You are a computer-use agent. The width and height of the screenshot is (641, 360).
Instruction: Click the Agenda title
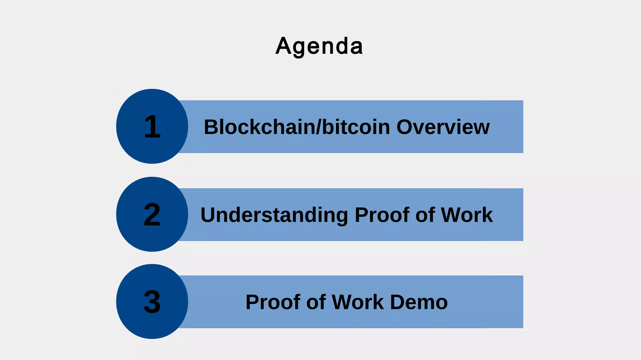pos(319,46)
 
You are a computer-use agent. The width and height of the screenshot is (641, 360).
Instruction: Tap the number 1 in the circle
pos(152,126)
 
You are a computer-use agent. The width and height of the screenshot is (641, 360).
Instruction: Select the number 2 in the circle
pos(152,214)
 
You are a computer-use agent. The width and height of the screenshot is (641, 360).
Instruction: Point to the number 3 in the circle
pos(152,302)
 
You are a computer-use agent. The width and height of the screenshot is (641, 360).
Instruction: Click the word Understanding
pos(274,215)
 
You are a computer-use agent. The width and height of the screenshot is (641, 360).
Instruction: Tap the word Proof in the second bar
pos(382,215)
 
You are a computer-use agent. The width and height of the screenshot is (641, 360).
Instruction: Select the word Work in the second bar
pos(467,215)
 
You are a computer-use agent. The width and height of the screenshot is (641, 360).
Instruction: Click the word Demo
pos(419,302)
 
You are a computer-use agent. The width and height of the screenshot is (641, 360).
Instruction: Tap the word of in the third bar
pos(316,302)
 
